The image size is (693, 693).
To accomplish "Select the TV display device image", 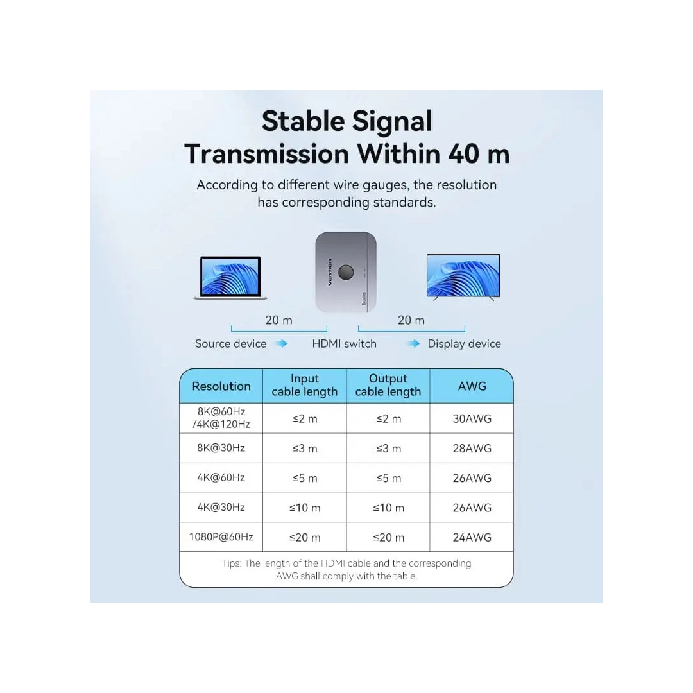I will (x=463, y=277).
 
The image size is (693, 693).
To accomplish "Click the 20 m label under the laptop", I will (x=278, y=320).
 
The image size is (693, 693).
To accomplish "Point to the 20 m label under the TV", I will (x=411, y=320).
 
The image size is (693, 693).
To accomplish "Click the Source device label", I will (x=230, y=344).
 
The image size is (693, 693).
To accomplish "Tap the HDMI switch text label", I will (x=344, y=344).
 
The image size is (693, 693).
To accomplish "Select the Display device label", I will (x=464, y=344).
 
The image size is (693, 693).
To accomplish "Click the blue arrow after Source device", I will (x=281, y=344).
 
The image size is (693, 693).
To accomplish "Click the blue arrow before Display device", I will (x=413, y=344).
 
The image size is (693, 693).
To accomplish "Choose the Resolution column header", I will (x=221, y=386).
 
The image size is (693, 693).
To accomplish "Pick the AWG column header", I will (x=472, y=386).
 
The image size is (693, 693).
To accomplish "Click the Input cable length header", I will (x=305, y=386).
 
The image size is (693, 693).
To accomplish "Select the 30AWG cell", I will (x=472, y=419).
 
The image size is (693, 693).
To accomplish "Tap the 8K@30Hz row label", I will (x=221, y=448).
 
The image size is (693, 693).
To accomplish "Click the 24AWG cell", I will (x=472, y=538).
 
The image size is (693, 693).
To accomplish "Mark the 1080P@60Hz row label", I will (x=221, y=537).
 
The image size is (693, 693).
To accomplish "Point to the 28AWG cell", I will (x=472, y=449).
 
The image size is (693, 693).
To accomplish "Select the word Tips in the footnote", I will (x=232, y=563).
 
